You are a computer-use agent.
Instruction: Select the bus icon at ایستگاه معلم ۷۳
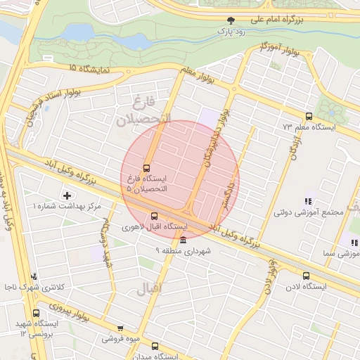(x=308, y=117)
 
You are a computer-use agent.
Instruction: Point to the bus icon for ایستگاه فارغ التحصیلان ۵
(x=146, y=168)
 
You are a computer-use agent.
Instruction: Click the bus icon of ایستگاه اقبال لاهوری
(x=155, y=216)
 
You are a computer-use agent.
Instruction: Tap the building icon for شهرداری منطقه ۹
(x=184, y=240)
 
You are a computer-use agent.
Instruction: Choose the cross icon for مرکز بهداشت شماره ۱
(x=67, y=195)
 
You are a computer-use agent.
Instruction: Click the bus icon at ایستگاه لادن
(x=305, y=276)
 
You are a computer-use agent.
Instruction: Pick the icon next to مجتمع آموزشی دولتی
(x=307, y=201)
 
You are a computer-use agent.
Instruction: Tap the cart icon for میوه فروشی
(x=120, y=328)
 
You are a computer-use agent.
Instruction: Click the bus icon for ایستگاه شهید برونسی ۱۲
(x=35, y=314)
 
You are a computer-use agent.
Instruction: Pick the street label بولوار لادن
(x=269, y=274)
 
